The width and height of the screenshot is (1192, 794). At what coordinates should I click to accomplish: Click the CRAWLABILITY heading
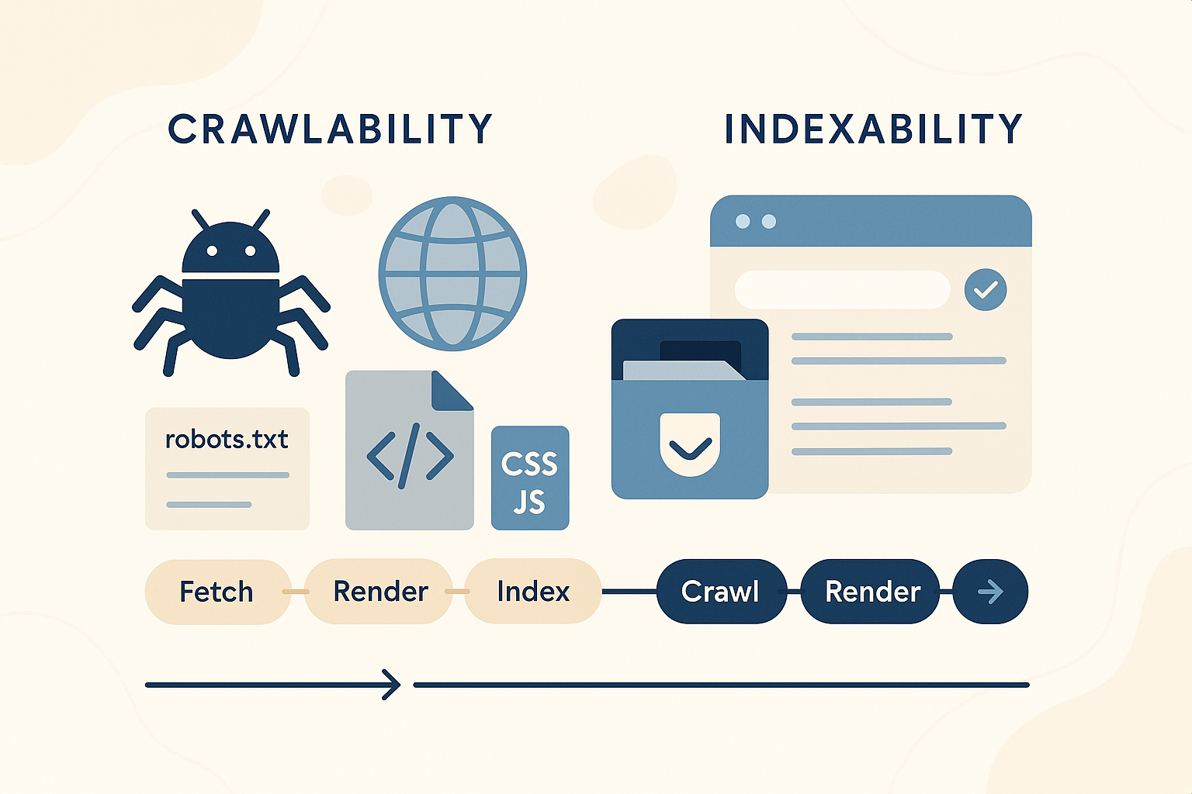pyautogui.click(x=330, y=129)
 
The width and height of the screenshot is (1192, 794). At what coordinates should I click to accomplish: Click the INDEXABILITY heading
pyautogui.click(x=873, y=129)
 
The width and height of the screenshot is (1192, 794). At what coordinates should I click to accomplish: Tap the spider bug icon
pyautogui.click(x=230, y=295)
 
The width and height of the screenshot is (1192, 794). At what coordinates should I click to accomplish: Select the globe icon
pyautogui.click(x=452, y=274)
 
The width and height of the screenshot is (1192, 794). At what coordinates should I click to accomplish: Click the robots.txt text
pyautogui.click(x=227, y=440)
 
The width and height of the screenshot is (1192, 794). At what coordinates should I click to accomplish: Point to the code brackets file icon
pyautogui.click(x=409, y=454)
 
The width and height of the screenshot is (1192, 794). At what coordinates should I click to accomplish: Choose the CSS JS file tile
pyautogui.click(x=530, y=478)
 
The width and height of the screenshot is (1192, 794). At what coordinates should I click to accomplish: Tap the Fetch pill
pyautogui.click(x=217, y=592)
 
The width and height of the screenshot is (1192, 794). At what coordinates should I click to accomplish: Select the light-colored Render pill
pyautogui.click(x=379, y=592)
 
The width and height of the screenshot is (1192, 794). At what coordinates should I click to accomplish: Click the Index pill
pyautogui.click(x=533, y=592)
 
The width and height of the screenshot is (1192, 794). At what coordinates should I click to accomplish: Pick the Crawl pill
pyautogui.click(x=720, y=592)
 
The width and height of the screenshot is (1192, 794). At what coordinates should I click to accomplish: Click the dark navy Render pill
pyautogui.click(x=871, y=592)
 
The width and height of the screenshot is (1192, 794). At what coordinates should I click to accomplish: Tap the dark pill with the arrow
pyautogui.click(x=990, y=592)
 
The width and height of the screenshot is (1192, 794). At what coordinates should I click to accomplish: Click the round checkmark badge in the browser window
pyautogui.click(x=986, y=290)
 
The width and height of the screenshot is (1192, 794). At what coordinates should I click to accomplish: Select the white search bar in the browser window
pyautogui.click(x=842, y=290)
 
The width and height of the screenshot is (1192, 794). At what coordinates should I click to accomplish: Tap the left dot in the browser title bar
pyautogui.click(x=743, y=222)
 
